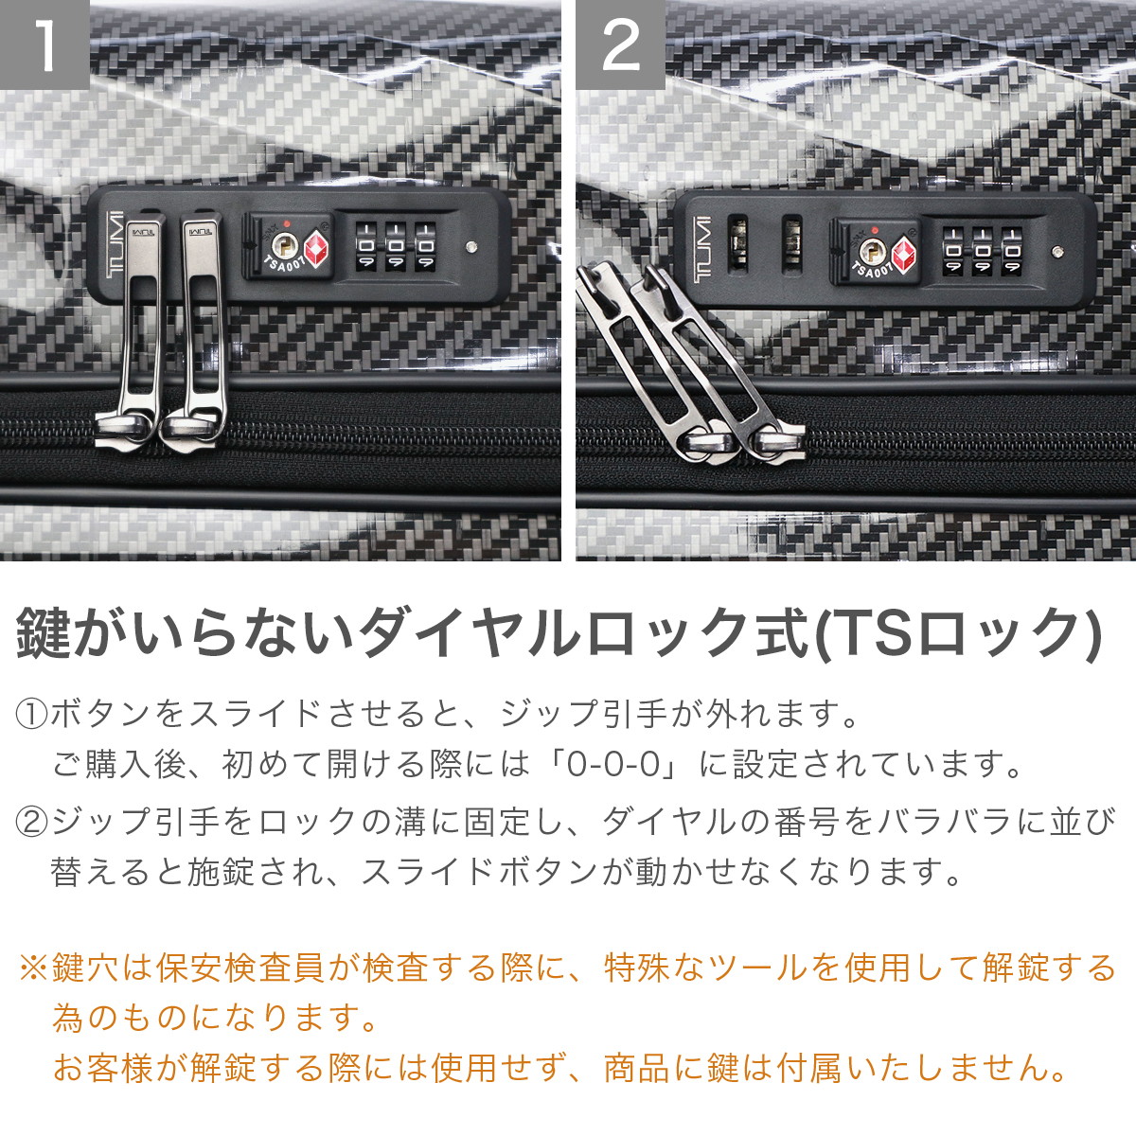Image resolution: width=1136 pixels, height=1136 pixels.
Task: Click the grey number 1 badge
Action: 44,44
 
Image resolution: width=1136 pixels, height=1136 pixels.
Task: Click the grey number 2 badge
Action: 620,44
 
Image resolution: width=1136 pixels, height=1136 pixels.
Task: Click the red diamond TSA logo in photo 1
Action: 316,248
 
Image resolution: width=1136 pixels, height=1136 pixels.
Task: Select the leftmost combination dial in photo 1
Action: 366,246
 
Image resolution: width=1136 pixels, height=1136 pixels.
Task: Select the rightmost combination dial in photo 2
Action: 1012,251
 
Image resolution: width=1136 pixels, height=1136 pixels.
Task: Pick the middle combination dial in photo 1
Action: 396,246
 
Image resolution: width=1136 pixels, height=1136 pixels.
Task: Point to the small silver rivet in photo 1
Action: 471,247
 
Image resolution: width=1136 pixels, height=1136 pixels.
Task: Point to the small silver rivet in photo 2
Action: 1057,252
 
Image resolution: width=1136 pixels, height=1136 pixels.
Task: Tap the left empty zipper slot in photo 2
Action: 738,245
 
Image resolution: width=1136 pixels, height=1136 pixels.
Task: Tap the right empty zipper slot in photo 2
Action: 791,245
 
